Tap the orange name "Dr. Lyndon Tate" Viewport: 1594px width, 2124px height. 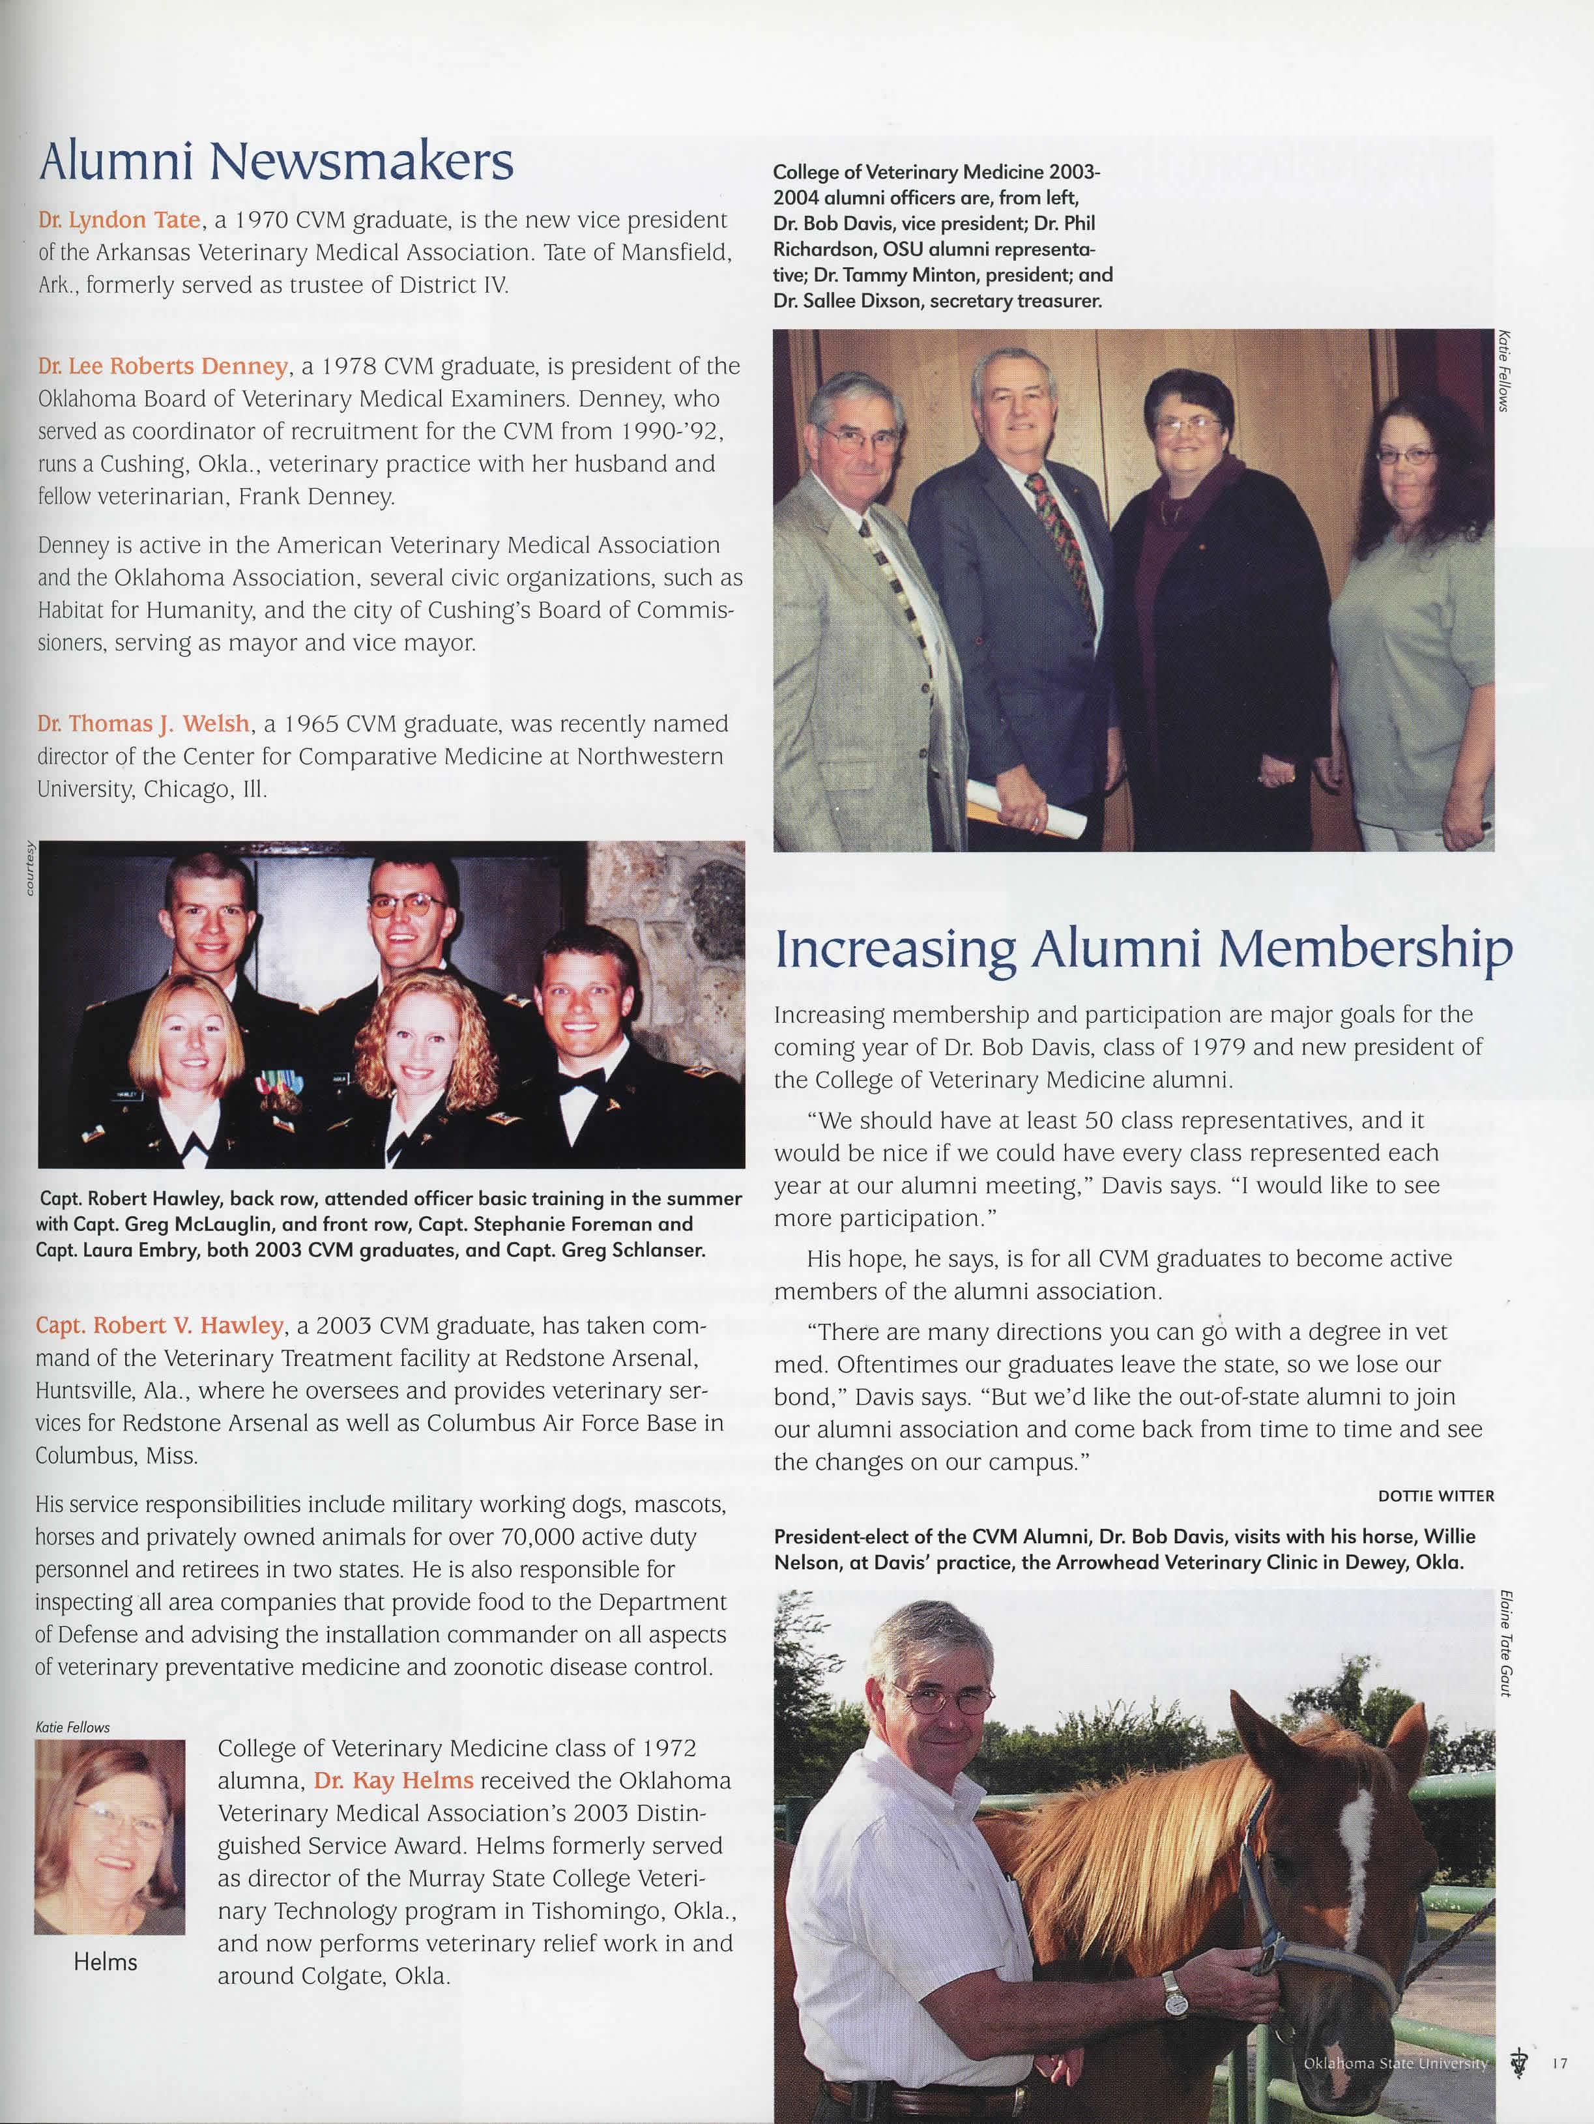click(x=119, y=220)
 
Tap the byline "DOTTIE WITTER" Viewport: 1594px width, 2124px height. click(x=1436, y=1495)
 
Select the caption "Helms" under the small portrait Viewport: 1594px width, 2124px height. click(x=106, y=1961)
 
